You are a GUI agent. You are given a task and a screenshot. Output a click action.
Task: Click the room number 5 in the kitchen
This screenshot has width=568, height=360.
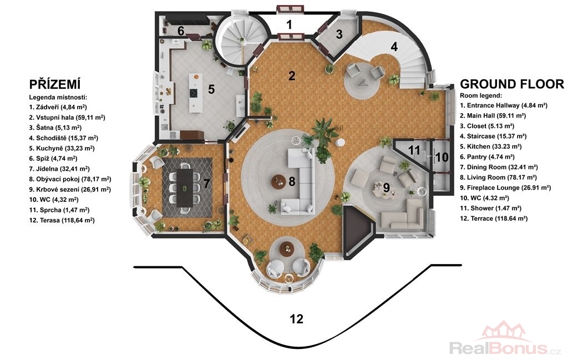211,89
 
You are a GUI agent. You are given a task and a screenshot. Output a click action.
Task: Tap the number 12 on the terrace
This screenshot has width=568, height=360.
296,319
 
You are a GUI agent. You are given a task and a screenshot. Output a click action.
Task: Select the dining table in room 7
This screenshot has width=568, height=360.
185,188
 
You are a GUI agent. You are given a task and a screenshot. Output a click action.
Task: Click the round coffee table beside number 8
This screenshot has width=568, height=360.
279,181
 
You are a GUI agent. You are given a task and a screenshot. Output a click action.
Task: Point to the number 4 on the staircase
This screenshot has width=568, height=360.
394,47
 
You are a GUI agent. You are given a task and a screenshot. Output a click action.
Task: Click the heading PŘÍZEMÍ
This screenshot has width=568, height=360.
55,84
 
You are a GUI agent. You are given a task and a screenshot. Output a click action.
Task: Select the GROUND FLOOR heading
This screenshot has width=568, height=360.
512,84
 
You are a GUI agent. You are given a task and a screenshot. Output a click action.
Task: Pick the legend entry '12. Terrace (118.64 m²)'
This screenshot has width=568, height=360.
494,219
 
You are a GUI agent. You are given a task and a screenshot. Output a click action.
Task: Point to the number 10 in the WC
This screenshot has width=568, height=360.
442,158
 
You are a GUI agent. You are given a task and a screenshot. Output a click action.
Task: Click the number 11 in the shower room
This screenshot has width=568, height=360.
414,150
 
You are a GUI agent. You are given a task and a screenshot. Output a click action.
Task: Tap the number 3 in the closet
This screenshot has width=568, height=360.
339,34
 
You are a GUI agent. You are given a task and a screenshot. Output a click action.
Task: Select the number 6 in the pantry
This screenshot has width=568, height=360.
181,31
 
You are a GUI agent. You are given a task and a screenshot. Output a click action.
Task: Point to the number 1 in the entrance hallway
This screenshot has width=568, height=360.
289,24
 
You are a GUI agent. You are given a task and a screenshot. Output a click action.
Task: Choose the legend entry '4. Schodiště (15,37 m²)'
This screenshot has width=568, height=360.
63,138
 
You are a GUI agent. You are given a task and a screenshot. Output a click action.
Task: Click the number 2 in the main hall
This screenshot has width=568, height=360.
292,76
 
